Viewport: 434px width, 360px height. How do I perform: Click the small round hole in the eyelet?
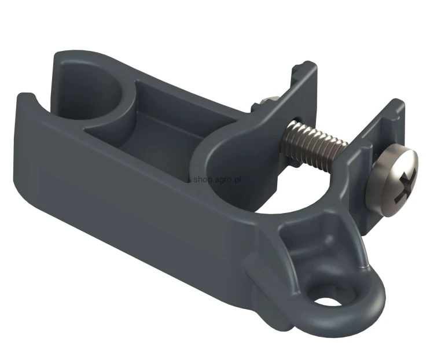click(326, 302)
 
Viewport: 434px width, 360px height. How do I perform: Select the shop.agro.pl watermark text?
click(217, 179)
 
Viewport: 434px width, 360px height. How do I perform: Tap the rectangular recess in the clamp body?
click(160, 122)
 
